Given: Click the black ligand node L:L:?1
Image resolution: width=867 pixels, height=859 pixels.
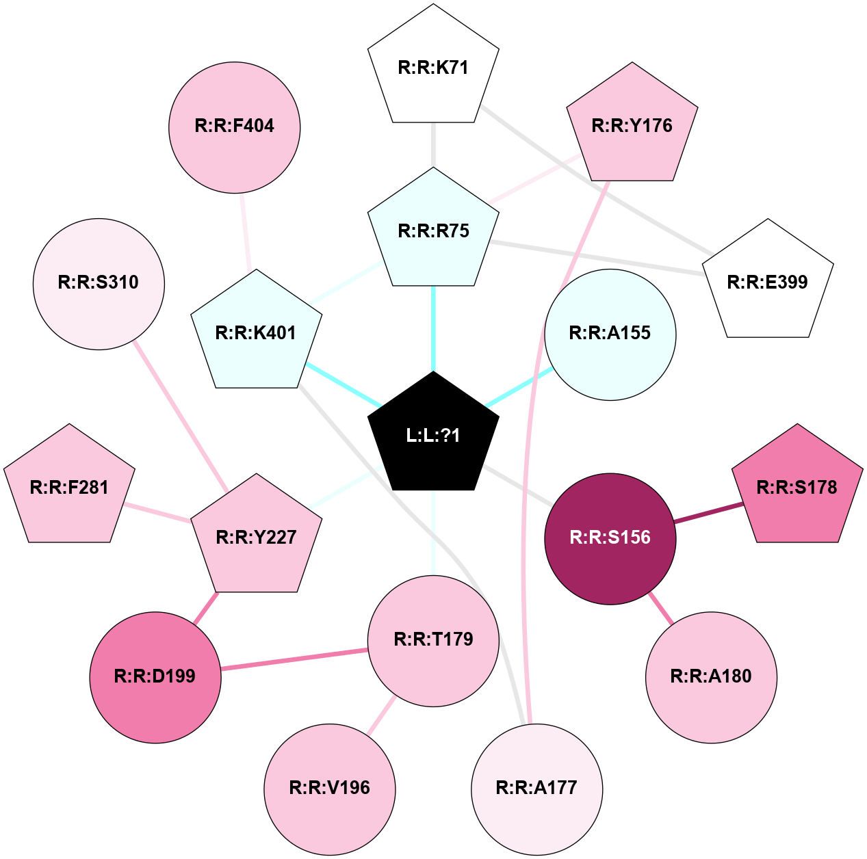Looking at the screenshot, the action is [433, 434].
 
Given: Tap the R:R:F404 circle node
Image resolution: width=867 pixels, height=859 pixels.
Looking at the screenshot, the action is [235, 128].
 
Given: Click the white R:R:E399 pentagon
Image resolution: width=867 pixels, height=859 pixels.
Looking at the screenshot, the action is [768, 282].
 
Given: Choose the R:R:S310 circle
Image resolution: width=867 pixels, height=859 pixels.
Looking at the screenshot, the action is [99, 285].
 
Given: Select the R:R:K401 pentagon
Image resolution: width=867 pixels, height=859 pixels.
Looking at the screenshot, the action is [257, 332].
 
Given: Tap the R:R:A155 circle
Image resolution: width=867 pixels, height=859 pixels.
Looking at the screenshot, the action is [610, 334].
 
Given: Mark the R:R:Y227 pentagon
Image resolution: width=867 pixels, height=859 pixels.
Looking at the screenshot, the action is [257, 536].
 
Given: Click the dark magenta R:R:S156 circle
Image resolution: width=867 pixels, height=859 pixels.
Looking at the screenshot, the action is [610, 539].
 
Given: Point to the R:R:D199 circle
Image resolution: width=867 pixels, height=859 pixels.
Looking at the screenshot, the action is [155, 677].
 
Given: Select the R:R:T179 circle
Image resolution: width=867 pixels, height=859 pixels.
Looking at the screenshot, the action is [433, 642].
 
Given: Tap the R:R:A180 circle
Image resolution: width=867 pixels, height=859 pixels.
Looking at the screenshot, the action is [712, 677].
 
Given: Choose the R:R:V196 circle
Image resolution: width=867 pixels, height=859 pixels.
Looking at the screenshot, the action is [330, 789].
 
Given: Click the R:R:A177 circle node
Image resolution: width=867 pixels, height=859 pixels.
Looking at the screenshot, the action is [536, 789].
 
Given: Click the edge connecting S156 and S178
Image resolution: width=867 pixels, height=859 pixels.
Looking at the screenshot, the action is [709, 513].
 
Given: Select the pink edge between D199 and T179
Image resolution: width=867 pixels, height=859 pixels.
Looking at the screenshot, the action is [294, 659].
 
